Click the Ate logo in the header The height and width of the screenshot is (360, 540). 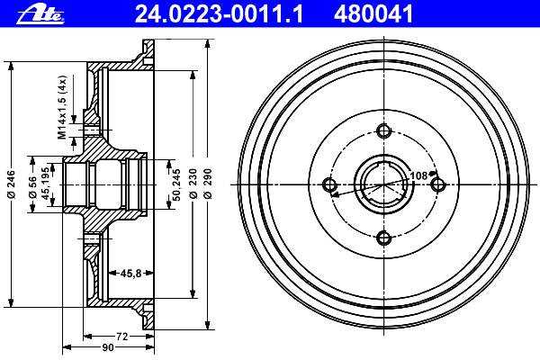coord(40,13)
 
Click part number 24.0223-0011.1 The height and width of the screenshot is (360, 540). coord(219,13)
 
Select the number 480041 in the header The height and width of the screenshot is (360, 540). coord(373,13)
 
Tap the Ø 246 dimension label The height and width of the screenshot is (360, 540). coord(12,184)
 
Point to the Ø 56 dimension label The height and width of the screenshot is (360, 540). coord(33,186)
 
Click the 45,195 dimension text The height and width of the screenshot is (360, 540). coord(46,184)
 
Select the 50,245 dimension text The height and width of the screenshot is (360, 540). coord(176,184)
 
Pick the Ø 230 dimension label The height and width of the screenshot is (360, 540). coord(193,184)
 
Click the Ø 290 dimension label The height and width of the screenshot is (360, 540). coord(208,184)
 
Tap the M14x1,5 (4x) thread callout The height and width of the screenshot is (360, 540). coord(62,107)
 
